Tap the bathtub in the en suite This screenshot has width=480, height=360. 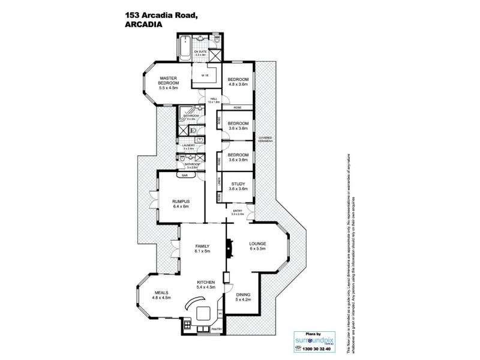coord(185,43)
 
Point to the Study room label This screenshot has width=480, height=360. coord(237,184)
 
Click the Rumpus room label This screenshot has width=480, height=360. coord(181,201)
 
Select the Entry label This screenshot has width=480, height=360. coord(238,211)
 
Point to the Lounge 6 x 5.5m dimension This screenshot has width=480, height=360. coord(257,248)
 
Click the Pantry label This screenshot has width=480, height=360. coord(217,329)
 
